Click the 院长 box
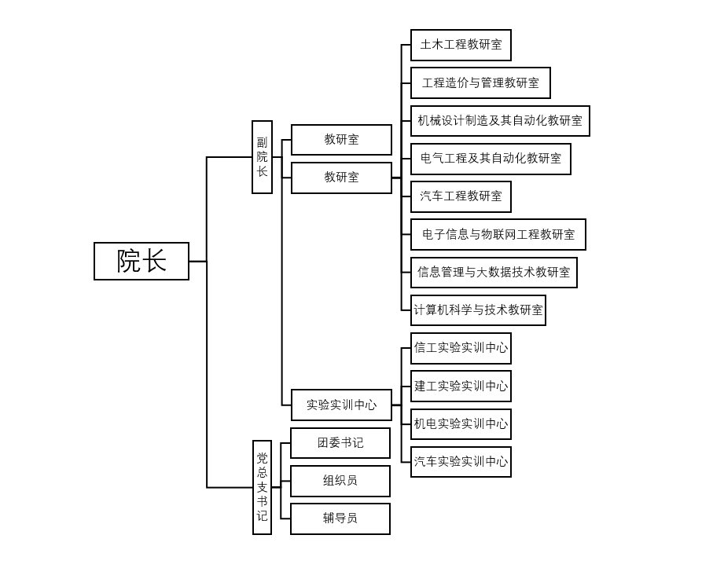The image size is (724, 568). point(141,261)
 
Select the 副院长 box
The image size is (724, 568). point(262,157)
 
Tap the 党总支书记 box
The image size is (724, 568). point(262,487)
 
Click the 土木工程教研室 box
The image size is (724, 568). point(461,45)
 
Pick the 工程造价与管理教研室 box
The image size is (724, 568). point(480,82)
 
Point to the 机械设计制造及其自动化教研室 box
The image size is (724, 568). point(500,121)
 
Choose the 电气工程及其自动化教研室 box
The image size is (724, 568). point(491,159)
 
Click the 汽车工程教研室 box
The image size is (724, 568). point(461,196)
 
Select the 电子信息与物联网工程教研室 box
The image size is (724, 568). point(498,234)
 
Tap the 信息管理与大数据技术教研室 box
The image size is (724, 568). point(494,272)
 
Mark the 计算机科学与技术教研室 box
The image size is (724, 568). point(478,310)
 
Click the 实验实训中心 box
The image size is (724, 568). point(341,405)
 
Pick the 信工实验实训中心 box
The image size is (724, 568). point(461,348)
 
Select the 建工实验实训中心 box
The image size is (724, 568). point(461,386)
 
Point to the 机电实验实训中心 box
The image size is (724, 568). point(461,423)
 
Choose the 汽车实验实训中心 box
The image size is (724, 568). point(461,461)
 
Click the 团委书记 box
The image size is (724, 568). point(340,443)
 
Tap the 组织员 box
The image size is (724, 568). point(340,481)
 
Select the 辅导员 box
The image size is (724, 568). point(340,519)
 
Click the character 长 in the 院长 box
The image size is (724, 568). point(156,261)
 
